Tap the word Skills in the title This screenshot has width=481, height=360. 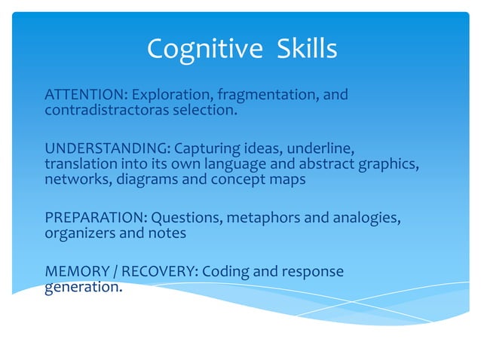tap(299, 50)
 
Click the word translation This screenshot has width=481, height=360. tap(78, 164)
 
